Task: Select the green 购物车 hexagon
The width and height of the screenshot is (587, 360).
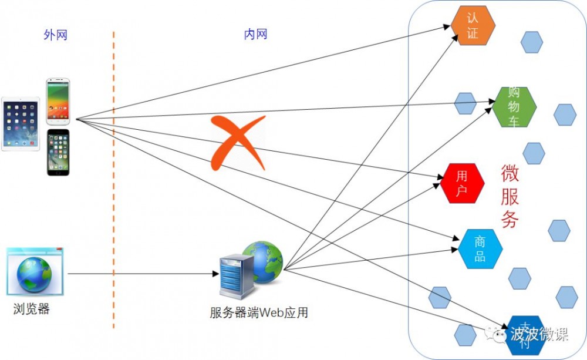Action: point(515,107)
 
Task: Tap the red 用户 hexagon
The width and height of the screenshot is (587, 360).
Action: point(462,183)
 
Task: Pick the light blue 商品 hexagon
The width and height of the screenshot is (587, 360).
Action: point(481,249)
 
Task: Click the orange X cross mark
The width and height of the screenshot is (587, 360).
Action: point(237,143)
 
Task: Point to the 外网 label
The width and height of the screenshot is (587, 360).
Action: point(56,35)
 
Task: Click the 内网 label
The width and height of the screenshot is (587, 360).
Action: point(255,35)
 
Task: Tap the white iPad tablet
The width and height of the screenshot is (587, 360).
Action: point(21,124)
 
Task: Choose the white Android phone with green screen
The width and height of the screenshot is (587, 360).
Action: point(59,100)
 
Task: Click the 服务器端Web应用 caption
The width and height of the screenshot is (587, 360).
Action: point(259,312)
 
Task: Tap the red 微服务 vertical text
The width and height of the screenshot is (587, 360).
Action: point(510,197)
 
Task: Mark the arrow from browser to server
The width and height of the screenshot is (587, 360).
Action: point(141,274)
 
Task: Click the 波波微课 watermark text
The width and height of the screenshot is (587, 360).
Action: point(539,335)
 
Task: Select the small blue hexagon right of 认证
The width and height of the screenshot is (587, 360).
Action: point(532,42)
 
